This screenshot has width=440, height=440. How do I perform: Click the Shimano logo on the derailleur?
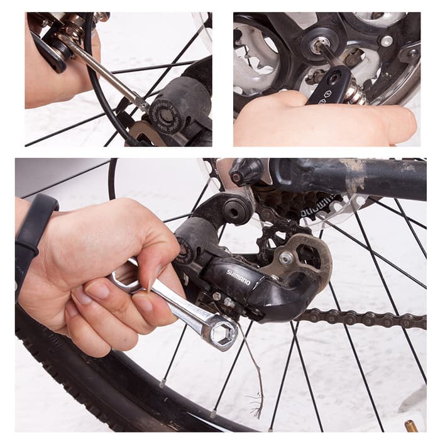[x=238, y=277]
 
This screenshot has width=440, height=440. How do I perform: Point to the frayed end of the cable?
[x=256, y=412]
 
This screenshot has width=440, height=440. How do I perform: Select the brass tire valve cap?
[x=411, y=427]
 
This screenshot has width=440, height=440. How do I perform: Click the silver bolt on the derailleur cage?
[x=286, y=257]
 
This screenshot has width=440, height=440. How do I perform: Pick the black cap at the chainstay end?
[x=246, y=170]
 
